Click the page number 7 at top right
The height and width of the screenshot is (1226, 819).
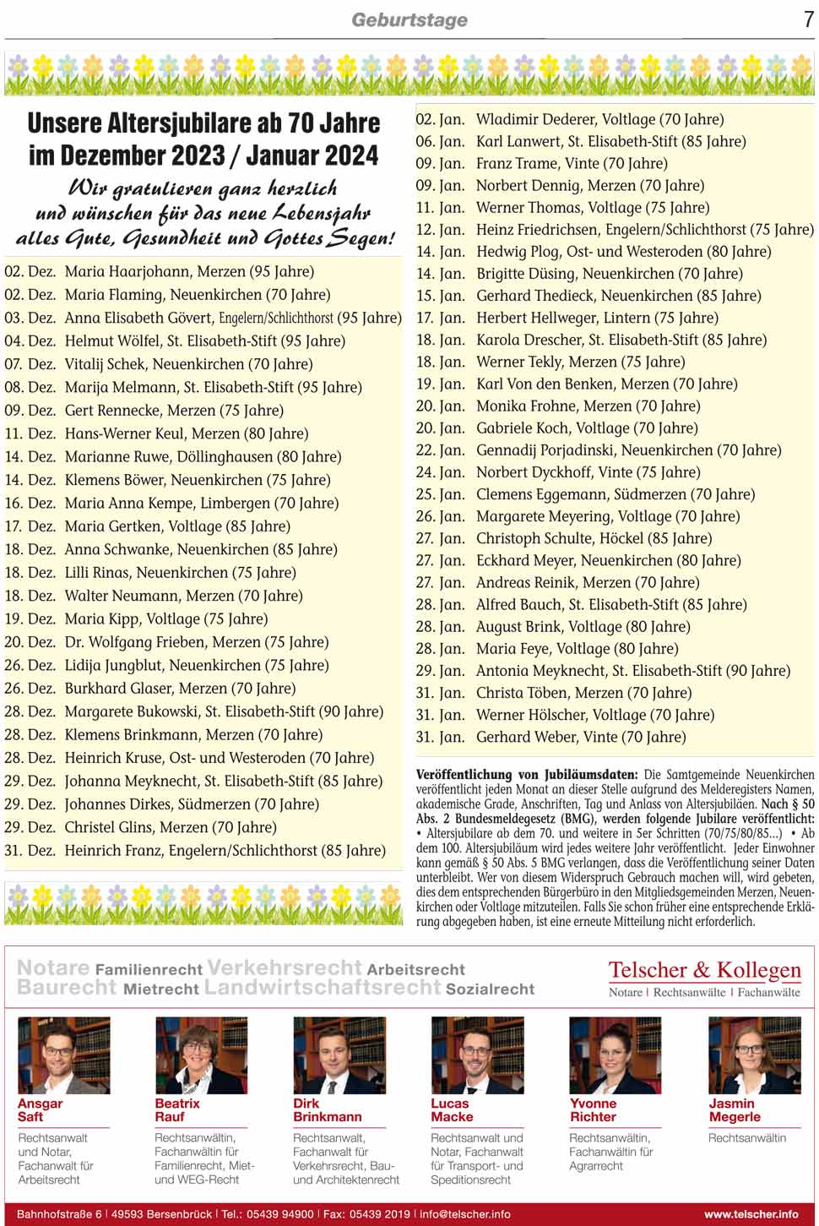(x=809, y=19)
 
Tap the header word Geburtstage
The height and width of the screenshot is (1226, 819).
(x=409, y=20)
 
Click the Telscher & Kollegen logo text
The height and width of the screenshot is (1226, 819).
(x=704, y=970)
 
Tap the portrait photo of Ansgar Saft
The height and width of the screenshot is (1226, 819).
(x=64, y=1056)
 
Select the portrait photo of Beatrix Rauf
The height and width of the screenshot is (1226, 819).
(x=201, y=1056)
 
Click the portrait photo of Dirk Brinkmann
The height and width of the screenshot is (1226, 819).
(x=339, y=1056)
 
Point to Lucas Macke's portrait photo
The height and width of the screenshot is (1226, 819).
(x=477, y=1056)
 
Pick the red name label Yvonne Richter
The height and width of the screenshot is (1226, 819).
(x=593, y=1110)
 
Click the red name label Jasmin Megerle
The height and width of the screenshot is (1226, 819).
(x=735, y=1110)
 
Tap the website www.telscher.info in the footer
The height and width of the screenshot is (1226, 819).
(x=751, y=1214)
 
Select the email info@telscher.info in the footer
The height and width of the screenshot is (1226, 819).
(x=465, y=1214)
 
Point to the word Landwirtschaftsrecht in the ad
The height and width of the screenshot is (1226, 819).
(x=323, y=988)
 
